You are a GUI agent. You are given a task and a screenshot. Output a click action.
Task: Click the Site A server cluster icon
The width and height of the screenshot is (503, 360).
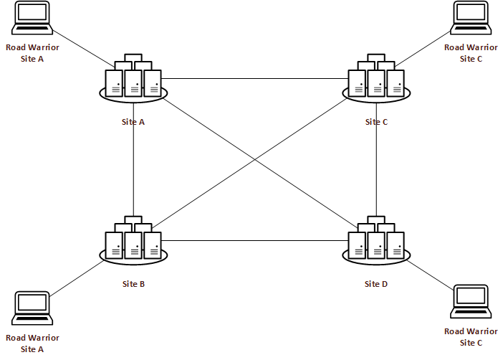tap(134, 79)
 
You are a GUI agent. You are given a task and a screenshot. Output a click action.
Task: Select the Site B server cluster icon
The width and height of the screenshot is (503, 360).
tap(134, 240)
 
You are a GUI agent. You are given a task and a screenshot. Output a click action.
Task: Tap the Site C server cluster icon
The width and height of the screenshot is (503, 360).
tap(376, 79)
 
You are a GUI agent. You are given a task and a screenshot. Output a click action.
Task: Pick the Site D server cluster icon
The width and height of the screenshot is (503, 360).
tap(376, 240)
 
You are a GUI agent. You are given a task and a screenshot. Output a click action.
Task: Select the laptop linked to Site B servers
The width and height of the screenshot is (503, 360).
tap(32, 309)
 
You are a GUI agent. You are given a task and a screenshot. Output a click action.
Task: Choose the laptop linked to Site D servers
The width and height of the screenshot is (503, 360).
tap(471, 303)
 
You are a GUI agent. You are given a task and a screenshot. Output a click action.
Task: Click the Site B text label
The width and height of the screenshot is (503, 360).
tap(134, 284)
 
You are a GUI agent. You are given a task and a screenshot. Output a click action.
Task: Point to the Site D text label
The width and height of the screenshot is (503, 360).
tap(376, 284)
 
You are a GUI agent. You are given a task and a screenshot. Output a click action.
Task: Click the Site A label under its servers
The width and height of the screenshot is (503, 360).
tap(134, 122)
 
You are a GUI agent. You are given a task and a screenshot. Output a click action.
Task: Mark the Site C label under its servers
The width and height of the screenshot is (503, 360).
tap(376, 122)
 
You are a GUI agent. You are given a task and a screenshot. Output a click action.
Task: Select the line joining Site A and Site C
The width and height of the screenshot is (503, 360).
tap(254, 78)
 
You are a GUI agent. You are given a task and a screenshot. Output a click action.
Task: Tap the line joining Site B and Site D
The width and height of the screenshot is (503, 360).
tap(254, 240)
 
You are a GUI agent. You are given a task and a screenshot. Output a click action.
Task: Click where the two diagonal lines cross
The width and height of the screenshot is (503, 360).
tap(255, 159)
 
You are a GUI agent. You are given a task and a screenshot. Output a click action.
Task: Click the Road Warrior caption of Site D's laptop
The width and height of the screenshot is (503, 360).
tap(471, 336)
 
